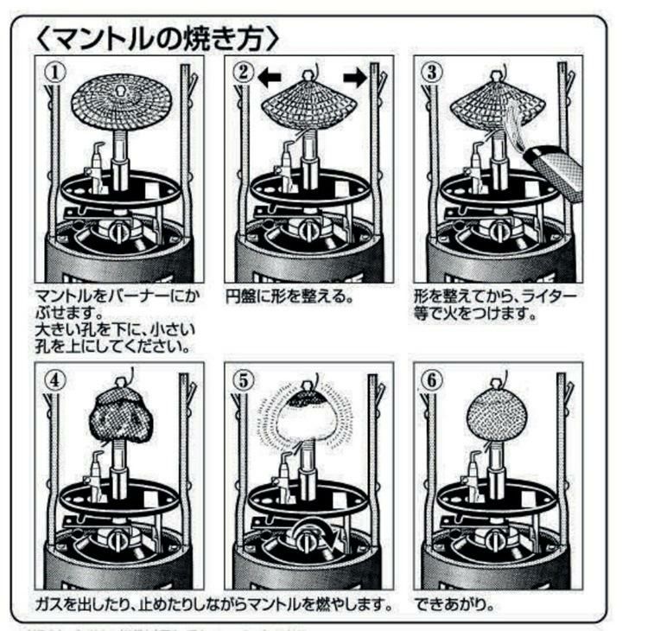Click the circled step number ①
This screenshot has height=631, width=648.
[56, 73]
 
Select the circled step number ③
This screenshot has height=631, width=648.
[431, 73]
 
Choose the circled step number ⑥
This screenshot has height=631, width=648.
[431, 379]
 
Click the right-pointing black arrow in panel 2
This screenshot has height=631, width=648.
[355, 77]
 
